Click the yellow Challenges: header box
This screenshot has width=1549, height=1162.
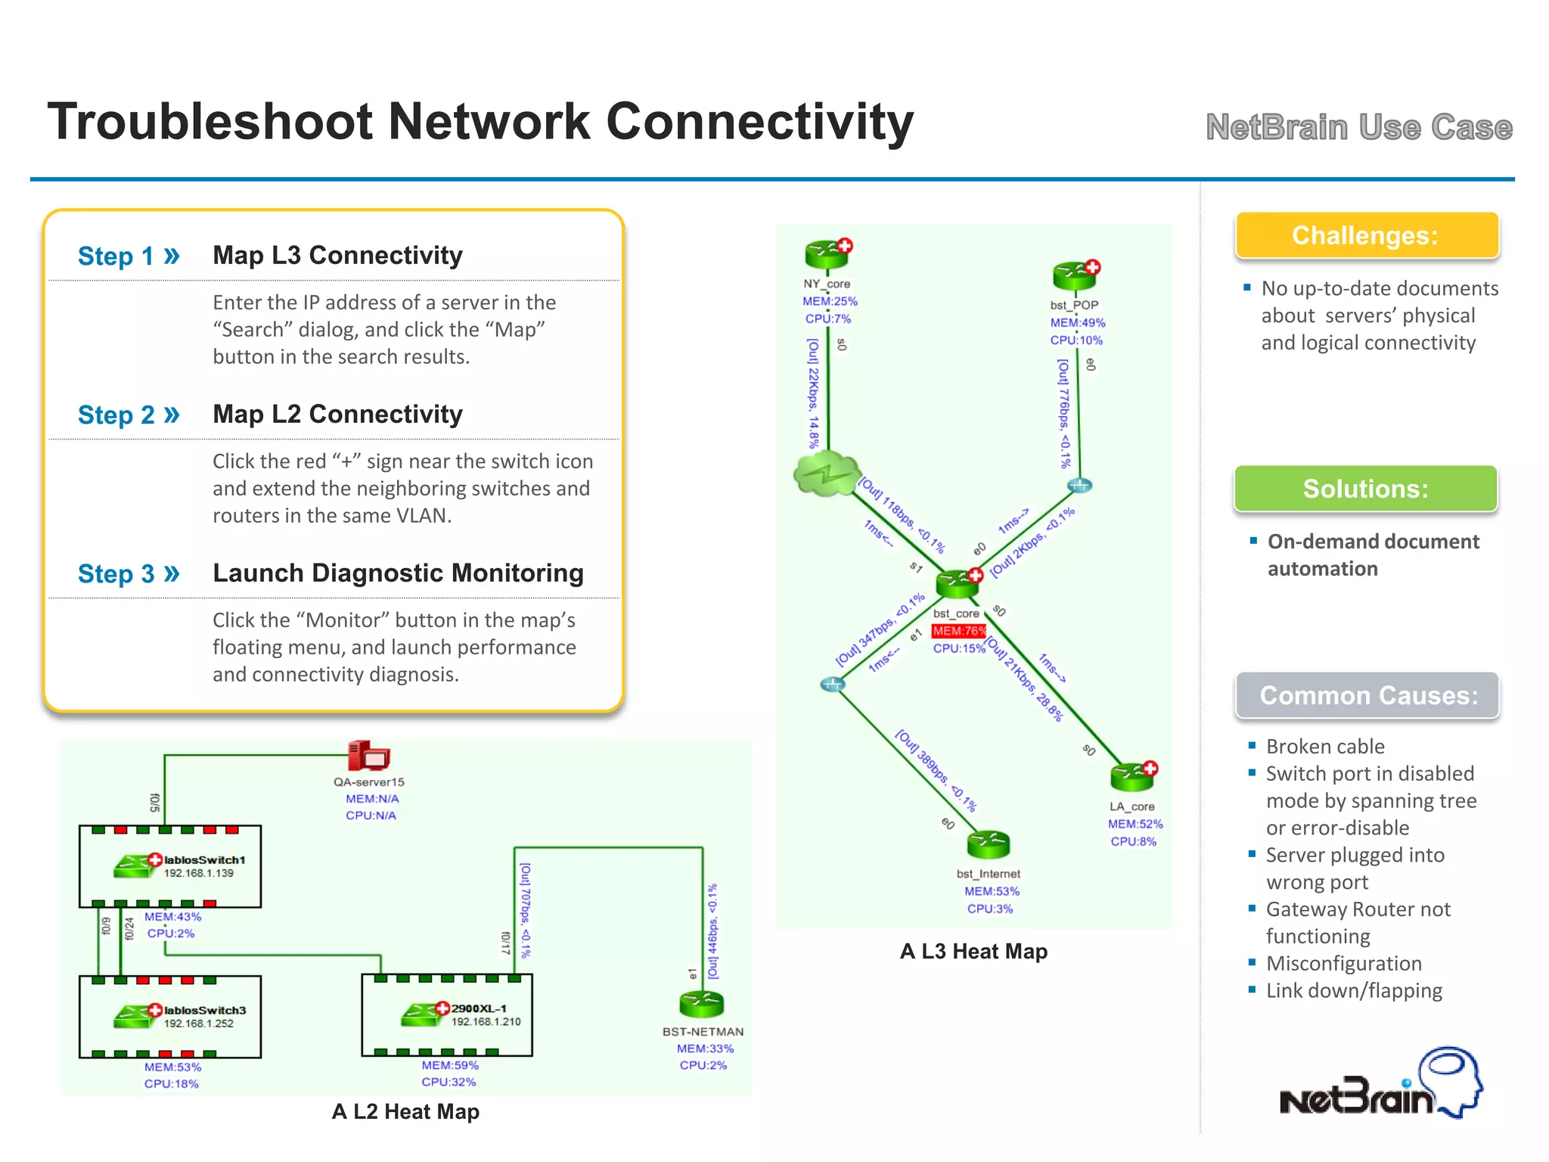(x=1366, y=235)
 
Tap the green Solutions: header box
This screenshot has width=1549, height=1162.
(x=1366, y=489)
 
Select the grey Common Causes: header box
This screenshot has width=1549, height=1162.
(x=1367, y=695)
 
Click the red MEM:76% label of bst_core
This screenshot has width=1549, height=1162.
(x=959, y=631)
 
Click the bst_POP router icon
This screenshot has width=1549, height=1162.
(x=1075, y=275)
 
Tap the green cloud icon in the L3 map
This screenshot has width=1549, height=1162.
(x=827, y=474)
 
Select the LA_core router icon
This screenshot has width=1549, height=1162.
(x=1132, y=776)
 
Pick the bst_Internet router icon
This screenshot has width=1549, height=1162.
(x=989, y=844)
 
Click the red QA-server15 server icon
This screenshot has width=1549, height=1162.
(x=368, y=756)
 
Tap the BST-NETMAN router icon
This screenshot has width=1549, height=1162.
(x=702, y=1005)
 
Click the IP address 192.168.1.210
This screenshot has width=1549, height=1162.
(x=486, y=1022)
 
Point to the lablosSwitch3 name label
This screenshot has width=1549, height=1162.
(x=205, y=1011)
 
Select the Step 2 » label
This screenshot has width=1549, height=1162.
(x=129, y=415)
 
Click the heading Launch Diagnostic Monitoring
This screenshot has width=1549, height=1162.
(x=398, y=573)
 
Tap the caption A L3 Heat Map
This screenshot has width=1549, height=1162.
(x=973, y=952)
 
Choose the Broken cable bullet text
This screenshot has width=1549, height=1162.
(x=1325, y=747)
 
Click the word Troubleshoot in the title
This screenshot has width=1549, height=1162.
(x=210, y=122)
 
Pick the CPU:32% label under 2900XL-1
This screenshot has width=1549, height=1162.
(x=449, y=1082)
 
